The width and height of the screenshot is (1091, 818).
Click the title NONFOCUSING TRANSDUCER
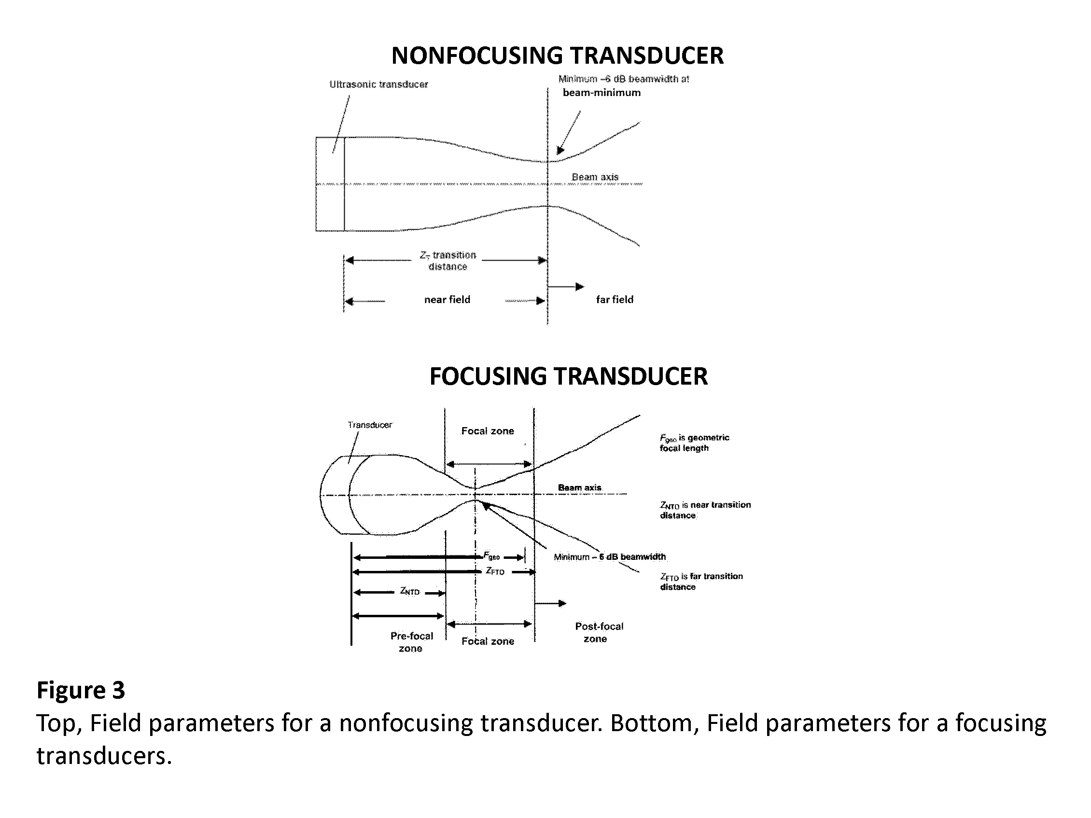tap(558, 55)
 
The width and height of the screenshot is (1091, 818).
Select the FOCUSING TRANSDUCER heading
tap(568, 376)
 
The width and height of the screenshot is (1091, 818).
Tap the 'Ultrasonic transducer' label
tap(378, 84)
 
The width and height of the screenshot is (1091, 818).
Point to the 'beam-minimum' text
tap(601, 93)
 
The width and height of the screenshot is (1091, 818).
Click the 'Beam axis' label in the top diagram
tap(595, 177)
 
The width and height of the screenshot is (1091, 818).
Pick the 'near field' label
tap(447, 299)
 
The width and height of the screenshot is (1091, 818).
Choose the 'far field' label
tap(615, 299)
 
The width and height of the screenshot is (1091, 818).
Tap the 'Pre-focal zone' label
tap(411, 642)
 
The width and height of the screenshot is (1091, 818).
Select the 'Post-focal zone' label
tap(599, 632)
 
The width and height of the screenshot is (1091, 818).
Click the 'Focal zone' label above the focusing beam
tap(487, 431)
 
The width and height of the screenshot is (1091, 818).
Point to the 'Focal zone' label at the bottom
tap(488, 641)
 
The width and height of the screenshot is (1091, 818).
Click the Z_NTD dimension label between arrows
tap(409, 591)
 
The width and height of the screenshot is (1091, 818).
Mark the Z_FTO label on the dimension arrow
tap(495, 571)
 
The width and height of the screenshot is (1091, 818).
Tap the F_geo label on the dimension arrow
tap(492, 555)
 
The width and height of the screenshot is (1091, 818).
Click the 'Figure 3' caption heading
tap(81, 690)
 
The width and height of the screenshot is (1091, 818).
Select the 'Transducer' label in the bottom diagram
tap(370, 425)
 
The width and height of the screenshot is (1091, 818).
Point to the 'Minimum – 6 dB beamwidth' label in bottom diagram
tap(610, 556)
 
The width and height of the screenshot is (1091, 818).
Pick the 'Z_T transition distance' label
tap(448, 261)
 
